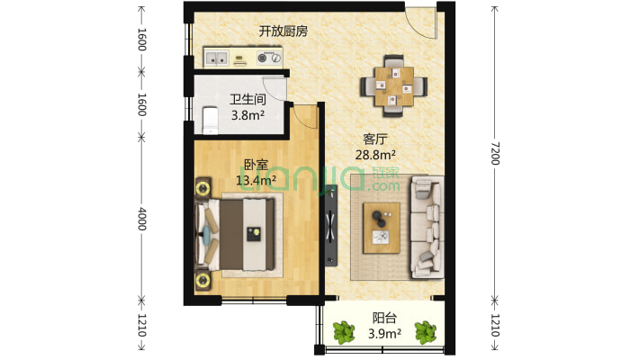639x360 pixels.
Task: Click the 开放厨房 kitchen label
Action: (283, 31)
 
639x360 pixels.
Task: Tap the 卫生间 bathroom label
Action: (247, 100)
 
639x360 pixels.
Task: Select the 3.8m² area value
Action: (247, 115)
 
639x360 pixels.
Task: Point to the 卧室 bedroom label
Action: (256, 166)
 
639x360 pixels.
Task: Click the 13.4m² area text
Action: (256, 181)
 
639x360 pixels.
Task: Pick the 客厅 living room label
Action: (375, 139)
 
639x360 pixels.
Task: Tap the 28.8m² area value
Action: (375, 155)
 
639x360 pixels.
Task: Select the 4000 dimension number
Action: (141, 220)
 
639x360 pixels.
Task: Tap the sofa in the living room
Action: (427, 226)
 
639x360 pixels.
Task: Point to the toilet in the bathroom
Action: (209, 119)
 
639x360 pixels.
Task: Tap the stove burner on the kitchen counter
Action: (265, 60)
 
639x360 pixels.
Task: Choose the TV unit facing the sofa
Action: (331, 225)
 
